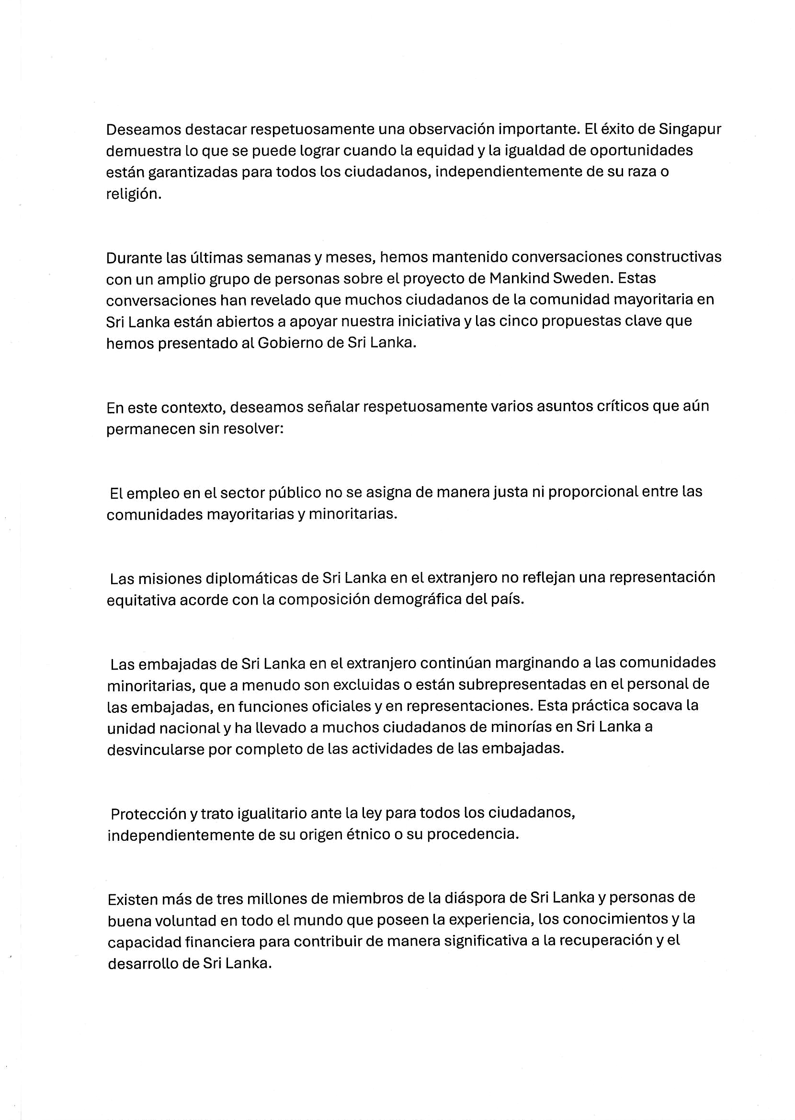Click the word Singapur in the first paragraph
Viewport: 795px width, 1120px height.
click(690, 130)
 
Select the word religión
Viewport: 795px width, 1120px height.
click(134, 194)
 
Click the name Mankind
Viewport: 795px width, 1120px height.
click(518, 278)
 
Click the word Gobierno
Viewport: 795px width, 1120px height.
click(290, 343)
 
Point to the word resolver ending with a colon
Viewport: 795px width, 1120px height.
click(253, 429)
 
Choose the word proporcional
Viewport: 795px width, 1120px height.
click(593, 492)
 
